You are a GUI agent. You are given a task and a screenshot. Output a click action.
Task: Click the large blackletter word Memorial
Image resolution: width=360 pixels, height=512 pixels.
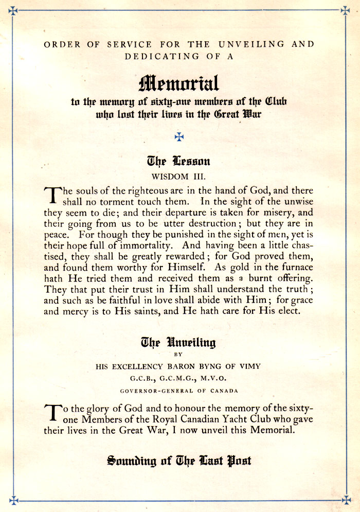click(x=179, y=82)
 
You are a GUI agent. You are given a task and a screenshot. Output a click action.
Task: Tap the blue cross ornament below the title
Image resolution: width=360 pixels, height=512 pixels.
click(x=179, y=136)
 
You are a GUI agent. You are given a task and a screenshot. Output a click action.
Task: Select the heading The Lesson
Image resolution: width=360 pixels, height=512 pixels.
click(x=178, y=162)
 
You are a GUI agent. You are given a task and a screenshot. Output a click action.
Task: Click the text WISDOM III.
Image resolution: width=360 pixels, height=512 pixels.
click(x=178, y=176)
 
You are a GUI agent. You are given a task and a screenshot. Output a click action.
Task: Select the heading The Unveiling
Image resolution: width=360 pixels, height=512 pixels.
click(x=178, y=343)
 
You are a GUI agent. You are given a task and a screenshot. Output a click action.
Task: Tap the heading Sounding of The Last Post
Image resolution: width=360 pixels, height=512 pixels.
click(x=179, y=460)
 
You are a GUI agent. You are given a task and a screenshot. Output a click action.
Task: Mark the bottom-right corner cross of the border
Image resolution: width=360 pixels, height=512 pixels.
click(x=346, y=500)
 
